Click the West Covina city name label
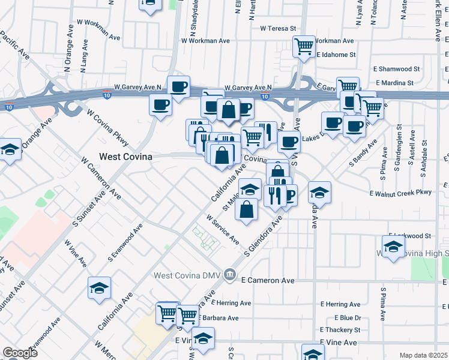125,156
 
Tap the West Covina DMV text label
187,275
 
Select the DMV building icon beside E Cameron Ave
229,275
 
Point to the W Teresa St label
279,28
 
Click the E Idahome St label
336,54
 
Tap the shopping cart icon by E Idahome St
304,46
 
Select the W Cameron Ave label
101,178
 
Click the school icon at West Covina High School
394,246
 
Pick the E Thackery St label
340,330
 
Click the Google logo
20,353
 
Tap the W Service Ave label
223,230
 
